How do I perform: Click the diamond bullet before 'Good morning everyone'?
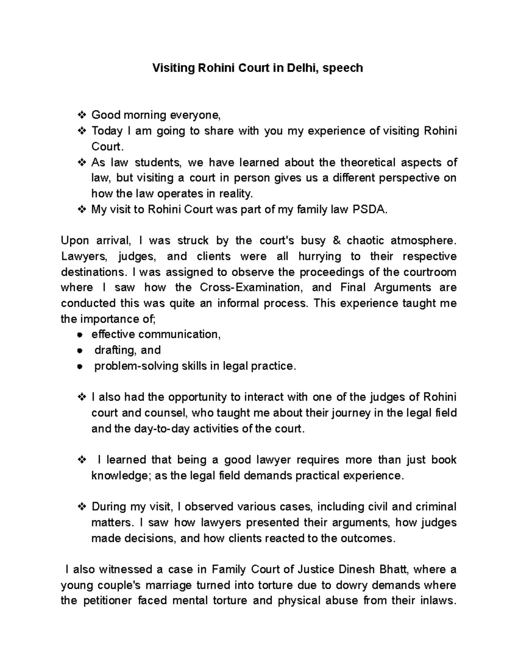pyautogui.click(x=81, y=115)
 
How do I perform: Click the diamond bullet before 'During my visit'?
pyautogui.click(x=81, y=507)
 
